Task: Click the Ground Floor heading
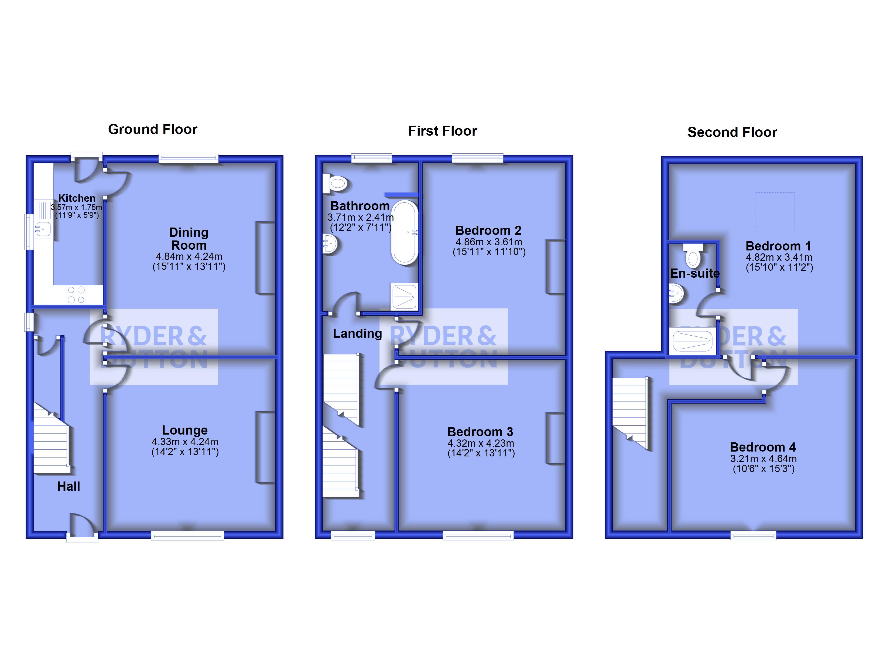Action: [153, 129]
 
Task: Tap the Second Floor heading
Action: [732, 132]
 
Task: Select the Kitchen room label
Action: [77, 198]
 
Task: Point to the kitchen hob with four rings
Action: [76, 295]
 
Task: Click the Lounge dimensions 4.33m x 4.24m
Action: [185, 441]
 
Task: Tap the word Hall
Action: [69, 487]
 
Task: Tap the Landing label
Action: [357, 333]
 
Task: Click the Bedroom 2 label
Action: [488, 230]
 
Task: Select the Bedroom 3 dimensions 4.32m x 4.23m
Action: [481, 443]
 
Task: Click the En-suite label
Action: [694, 273]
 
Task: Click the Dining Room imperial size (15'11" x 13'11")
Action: [189, 267]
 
